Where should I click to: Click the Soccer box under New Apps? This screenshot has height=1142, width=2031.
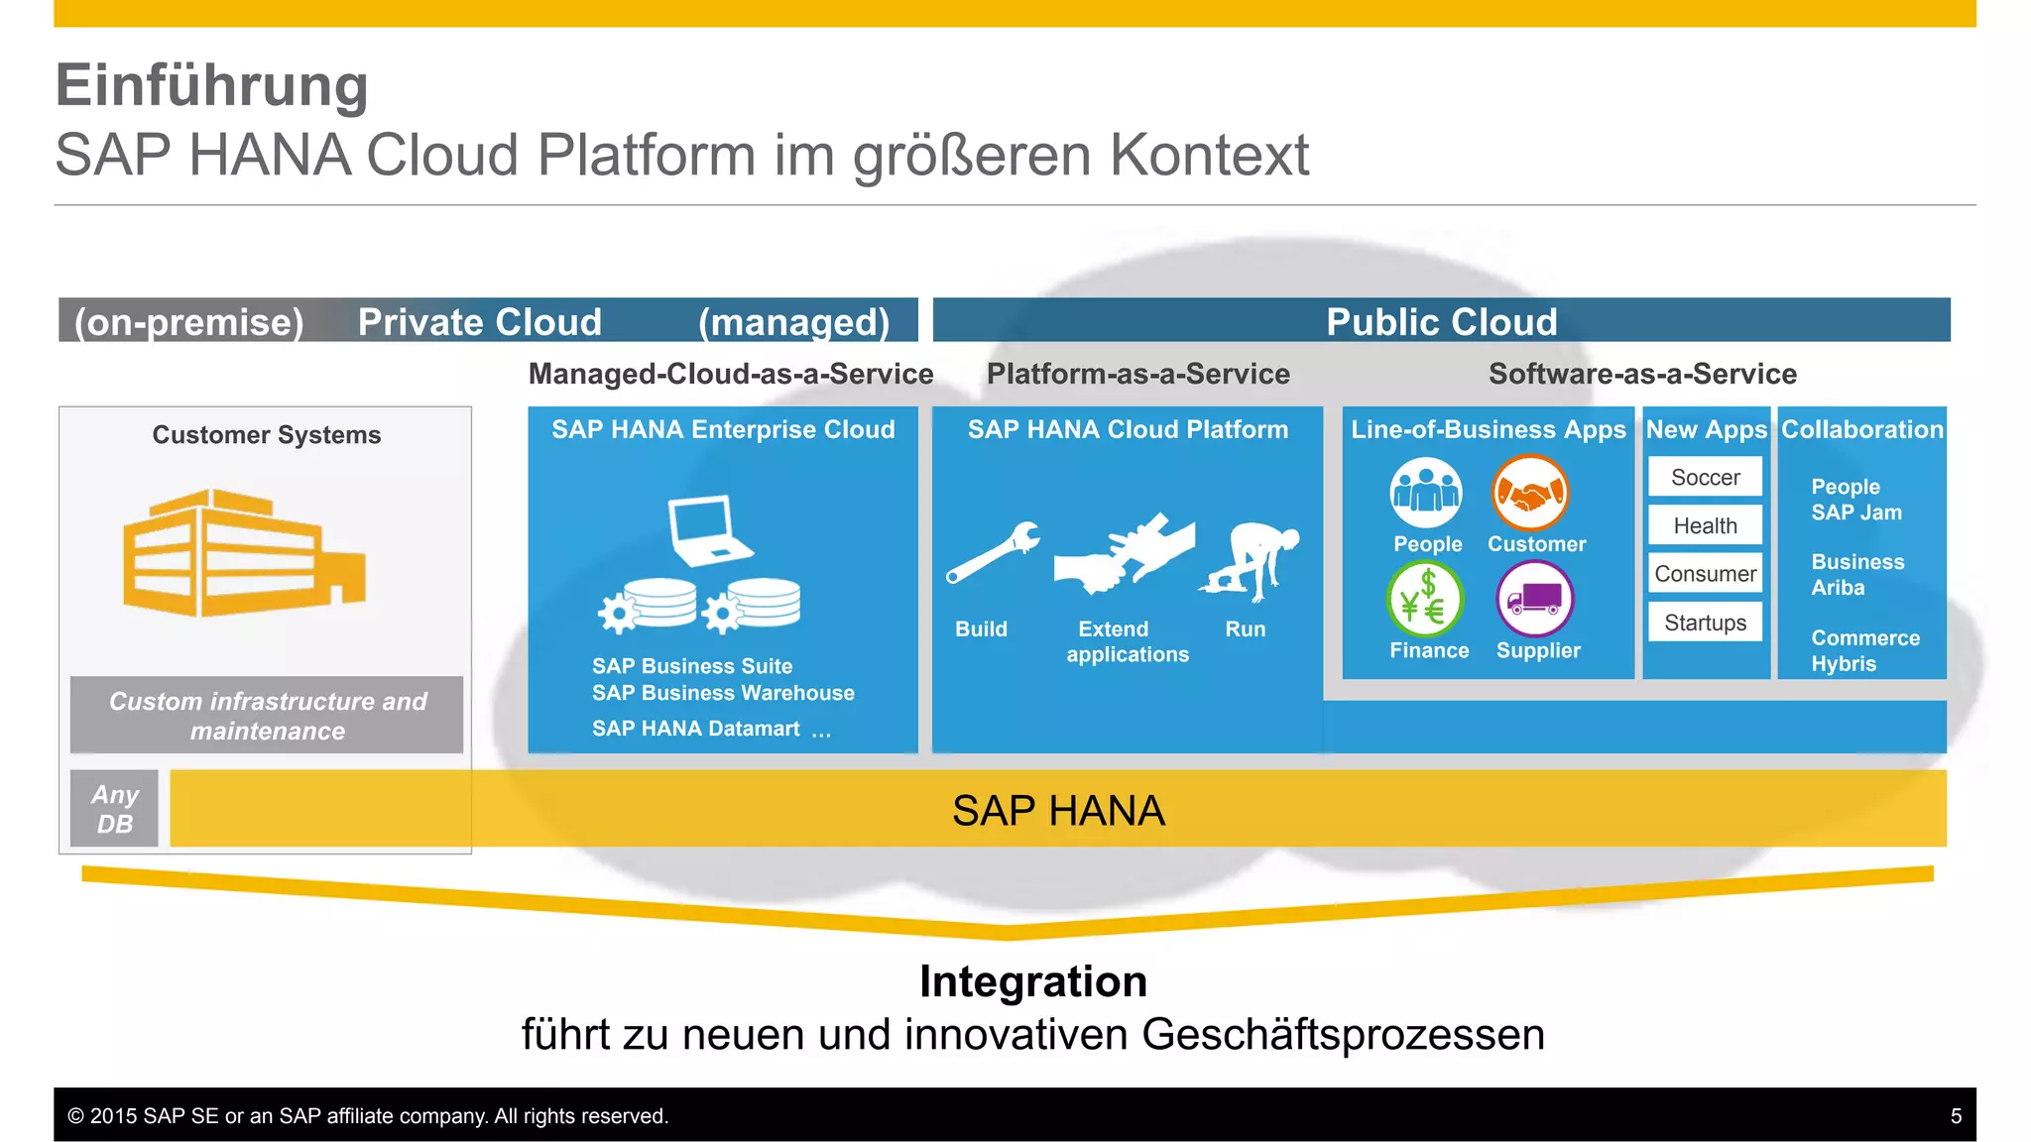click(1705, 477)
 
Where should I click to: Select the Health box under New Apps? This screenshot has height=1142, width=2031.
click(1705, 525)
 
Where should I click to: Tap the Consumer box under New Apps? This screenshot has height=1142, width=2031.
click(1705, 573)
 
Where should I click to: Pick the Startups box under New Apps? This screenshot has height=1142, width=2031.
click(1705, 622)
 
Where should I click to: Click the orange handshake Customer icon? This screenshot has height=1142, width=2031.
click(1530, 493)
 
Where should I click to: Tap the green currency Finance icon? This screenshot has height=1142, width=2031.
click(1425, 599)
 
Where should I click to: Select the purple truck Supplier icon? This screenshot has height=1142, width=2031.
click(1534, 599)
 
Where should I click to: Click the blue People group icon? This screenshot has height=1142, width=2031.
click(1425, 493)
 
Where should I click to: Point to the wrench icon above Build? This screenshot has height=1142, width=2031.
click(993, 552)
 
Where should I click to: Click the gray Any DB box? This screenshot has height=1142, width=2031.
click(114, 808)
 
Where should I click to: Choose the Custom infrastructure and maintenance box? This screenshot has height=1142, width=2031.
click(267, 715)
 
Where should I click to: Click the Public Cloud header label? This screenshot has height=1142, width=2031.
click(1441, 321)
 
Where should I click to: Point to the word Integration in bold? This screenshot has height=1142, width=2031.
click(1032, 981)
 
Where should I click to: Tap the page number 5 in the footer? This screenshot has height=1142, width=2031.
click(1956, 1116)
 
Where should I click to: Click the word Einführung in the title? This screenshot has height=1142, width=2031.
click(212, 85)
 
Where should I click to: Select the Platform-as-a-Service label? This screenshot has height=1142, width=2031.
click(1137, 374)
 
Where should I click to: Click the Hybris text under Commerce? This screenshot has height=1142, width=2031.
click(1844, 663)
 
